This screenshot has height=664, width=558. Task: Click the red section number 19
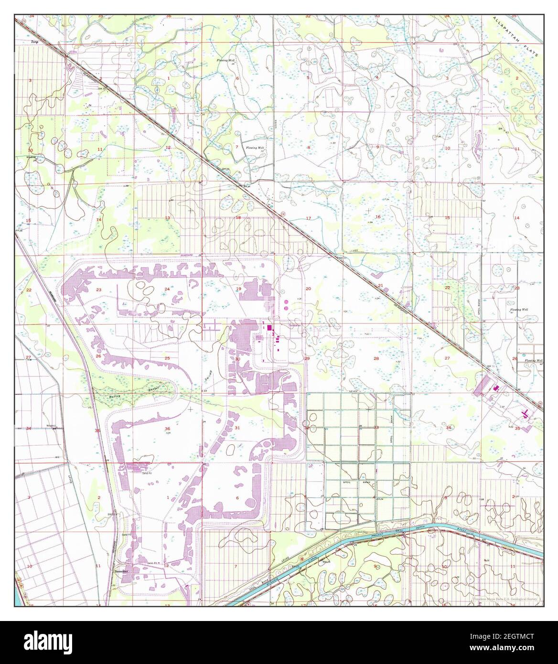pos(238,289)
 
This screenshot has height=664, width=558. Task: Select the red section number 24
pos(167,289)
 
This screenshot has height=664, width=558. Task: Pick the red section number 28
pos(376,358)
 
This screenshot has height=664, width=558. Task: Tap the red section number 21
pos(381,286)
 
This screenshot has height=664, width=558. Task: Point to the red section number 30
pos(237,359)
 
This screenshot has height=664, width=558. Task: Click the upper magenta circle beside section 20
pos(286,302)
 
